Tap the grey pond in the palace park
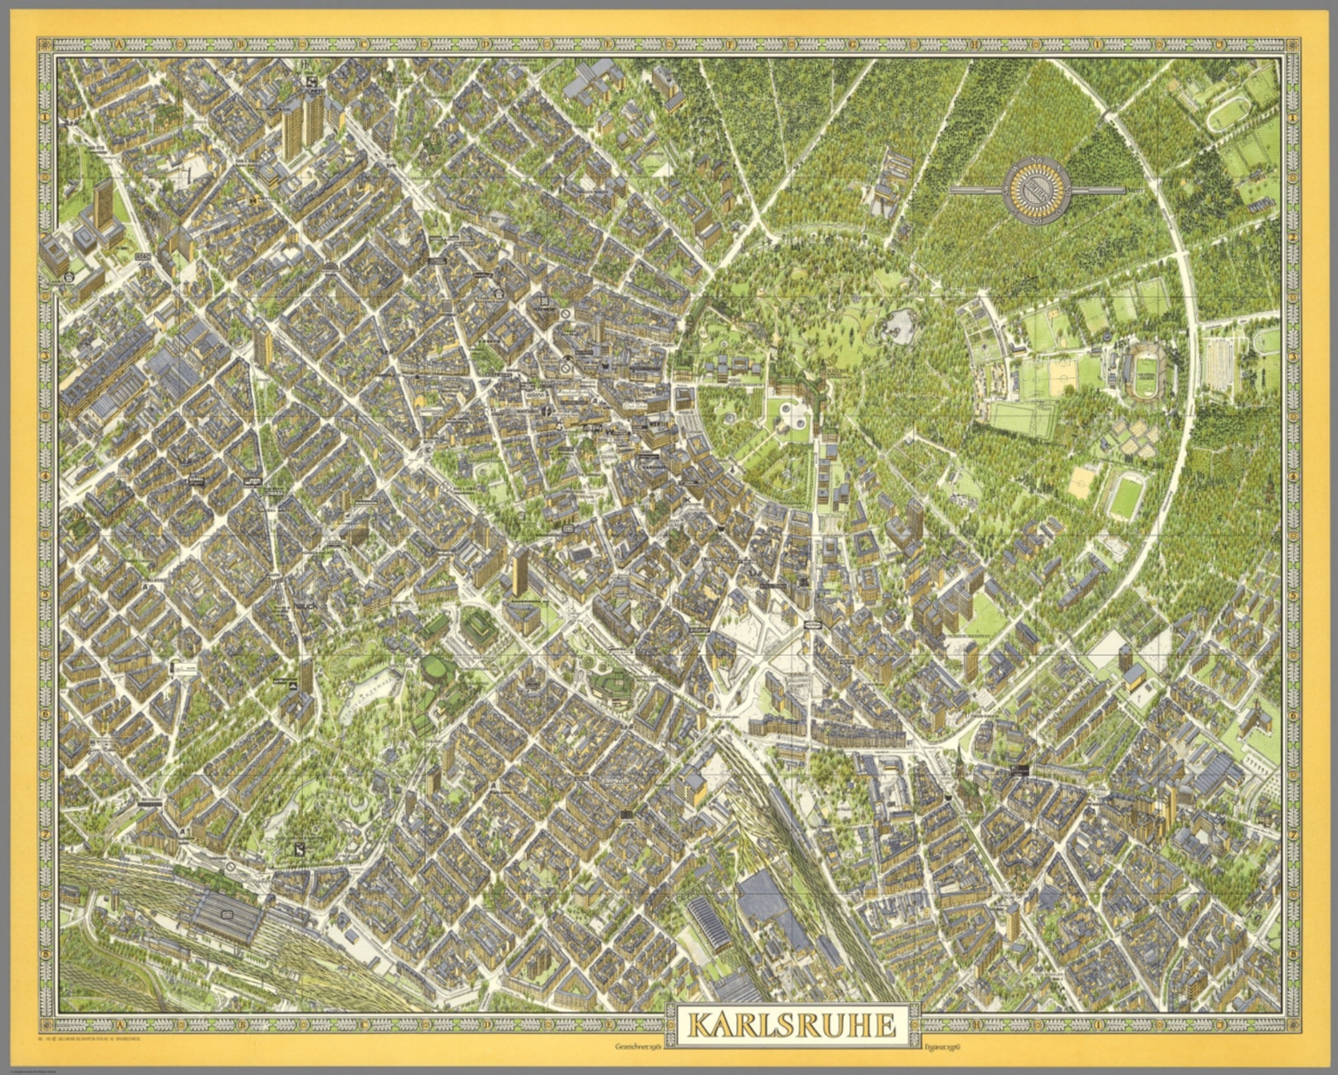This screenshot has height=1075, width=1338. point(902,326)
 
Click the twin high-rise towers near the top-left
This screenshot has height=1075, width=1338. point(301,124)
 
